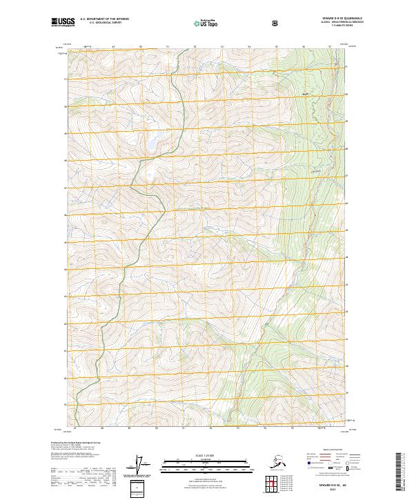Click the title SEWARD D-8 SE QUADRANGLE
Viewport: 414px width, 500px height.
tap(331, 18)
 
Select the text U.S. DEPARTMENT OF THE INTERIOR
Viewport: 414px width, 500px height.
tap(105, 19)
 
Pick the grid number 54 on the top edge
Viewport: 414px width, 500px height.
tap(249, 47)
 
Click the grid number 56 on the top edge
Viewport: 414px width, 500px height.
tap(304, 47)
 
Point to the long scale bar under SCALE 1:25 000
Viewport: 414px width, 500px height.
tap(206, 461)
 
